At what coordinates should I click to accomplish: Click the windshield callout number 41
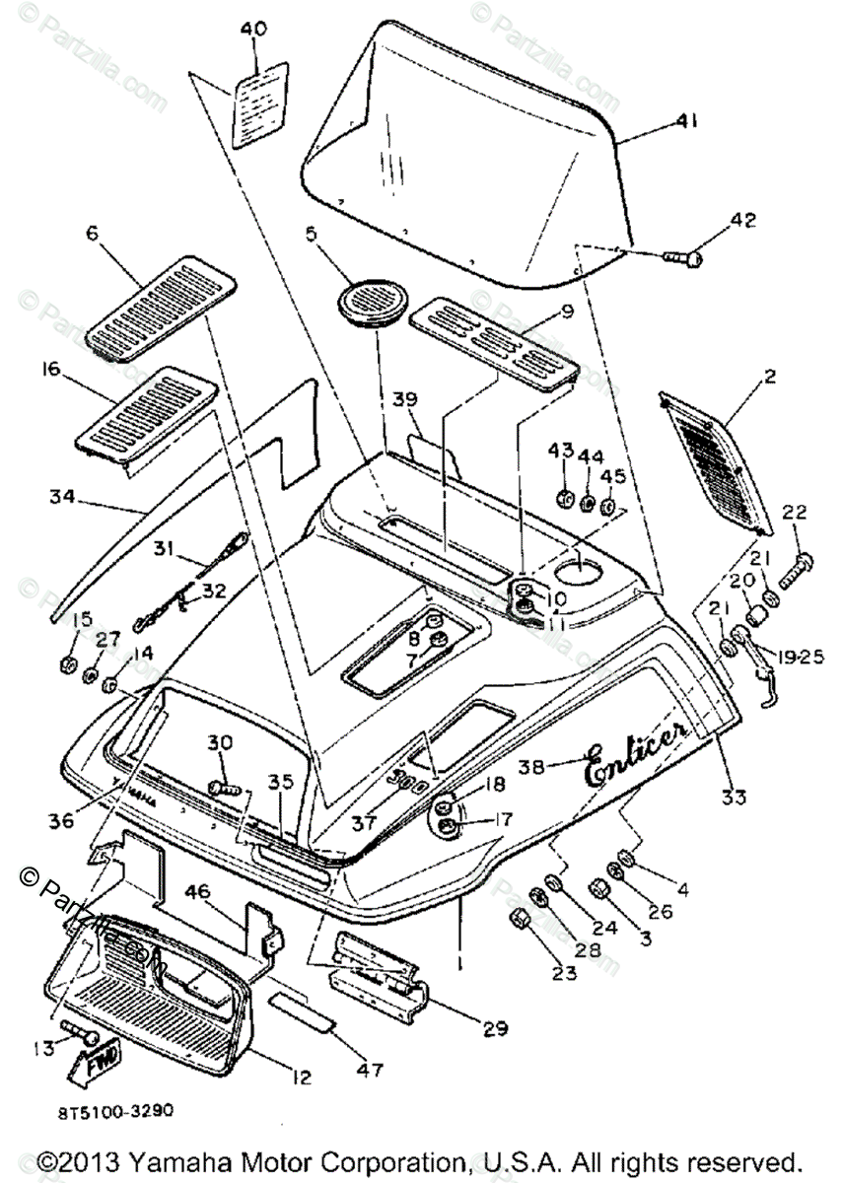pos(686,122)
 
